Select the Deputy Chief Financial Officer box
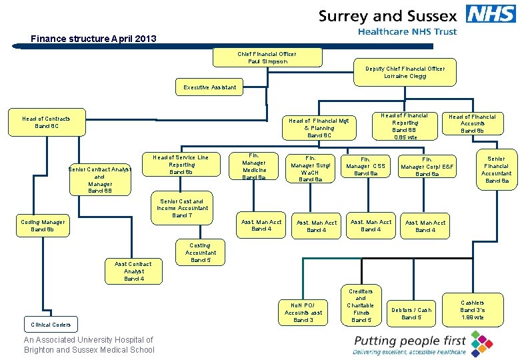coord(405,73)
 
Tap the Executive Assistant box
coord(209,87)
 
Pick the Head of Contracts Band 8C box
coord(46,122)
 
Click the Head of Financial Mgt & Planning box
coord(318,127)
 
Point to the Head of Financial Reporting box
coord(405,126)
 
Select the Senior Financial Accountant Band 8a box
coord(497,170)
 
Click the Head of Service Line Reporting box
coord(181,165)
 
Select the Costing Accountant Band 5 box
coord(201,253)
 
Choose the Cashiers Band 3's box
coord(472,310)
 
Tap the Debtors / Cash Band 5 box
coord(411,313)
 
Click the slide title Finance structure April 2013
coord(93,39)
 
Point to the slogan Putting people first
coord(410,341)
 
